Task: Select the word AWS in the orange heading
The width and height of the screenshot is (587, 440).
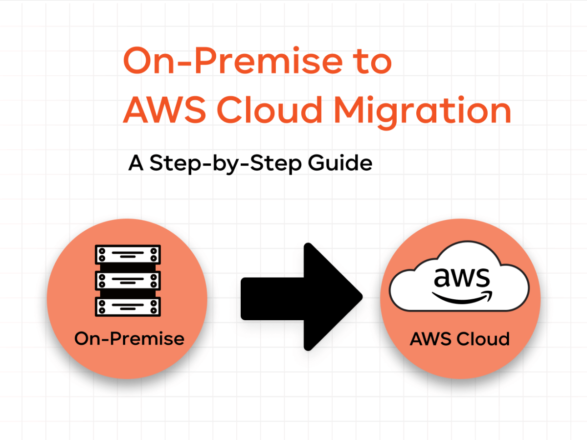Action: point(164,110)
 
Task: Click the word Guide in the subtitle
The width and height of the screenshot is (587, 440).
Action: point(340,162)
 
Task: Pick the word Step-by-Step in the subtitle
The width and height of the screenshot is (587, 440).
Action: point(226,163)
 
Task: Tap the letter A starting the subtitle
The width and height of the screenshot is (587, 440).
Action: point(136,162)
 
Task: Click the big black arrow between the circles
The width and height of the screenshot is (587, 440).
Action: point(302,297)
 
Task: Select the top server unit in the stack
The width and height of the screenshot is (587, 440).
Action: point(128,254)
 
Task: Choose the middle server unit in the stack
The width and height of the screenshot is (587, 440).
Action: point(128,281)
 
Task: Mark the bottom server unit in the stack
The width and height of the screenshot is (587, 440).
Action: point(128,307)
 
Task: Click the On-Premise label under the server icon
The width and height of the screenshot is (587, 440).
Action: point(130,338)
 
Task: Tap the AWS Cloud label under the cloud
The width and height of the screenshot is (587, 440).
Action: point(460,339)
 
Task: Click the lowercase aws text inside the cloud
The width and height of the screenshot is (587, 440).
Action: point(462,278)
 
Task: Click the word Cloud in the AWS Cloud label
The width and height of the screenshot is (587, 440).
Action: point(483,339)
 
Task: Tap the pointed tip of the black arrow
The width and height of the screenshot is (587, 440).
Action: point(362,297)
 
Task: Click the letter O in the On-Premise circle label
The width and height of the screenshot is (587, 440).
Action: point(82,339)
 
